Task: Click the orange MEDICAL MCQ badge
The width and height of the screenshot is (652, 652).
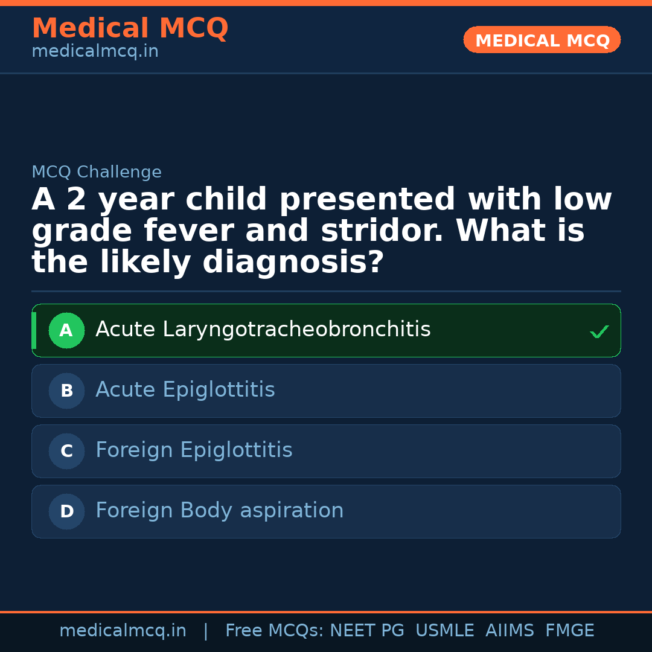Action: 542,40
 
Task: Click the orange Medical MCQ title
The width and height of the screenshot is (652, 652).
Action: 130,28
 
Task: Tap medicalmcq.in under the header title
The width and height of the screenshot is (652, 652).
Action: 95,52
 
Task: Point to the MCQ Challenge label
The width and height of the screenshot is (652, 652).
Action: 97,172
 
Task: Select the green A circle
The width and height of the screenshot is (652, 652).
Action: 66,330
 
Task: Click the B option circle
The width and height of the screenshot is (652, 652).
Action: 66,391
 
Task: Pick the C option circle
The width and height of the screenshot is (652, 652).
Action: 66,451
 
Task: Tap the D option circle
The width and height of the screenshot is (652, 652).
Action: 66,511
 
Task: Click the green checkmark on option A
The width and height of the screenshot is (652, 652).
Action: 599,331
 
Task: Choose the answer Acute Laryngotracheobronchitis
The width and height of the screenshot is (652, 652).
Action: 263,330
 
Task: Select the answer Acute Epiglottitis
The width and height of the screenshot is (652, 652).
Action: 185,390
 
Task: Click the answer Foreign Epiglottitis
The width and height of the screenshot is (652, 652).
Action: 194,450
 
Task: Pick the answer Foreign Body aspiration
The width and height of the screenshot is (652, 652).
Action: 219,511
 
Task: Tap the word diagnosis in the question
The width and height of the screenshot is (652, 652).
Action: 292,263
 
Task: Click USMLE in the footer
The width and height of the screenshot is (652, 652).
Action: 444,631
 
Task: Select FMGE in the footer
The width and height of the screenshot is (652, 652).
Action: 569,631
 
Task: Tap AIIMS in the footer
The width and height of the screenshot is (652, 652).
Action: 510,631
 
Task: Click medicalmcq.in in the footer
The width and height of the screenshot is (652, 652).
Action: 123,631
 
